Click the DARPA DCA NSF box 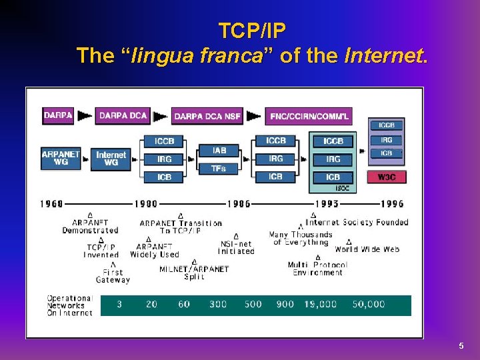click(x=207, y=116)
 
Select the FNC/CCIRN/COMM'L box click(x=309, y=116)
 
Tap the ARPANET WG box click(x=61, y=159)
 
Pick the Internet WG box click(x=111, y=159)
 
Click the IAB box click(x=219, y=151)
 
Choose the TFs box click(x=219, y=169)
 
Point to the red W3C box click(x=387, y=177)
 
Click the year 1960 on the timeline click(x=52, y=204)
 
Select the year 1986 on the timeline click(x=239, y=204)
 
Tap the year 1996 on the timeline click(x=392, y=204)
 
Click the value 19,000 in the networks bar click(x=321, y=304)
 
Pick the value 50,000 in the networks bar click(x=369, y=304)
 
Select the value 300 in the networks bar click(x=218, y=304)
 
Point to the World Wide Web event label click(x=367, y=249)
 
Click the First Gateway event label click(x=113, y=276)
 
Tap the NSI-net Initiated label click(x=236, y=247)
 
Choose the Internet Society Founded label click(x=357, y=222)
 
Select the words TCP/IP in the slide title click(x=253, y=31)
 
